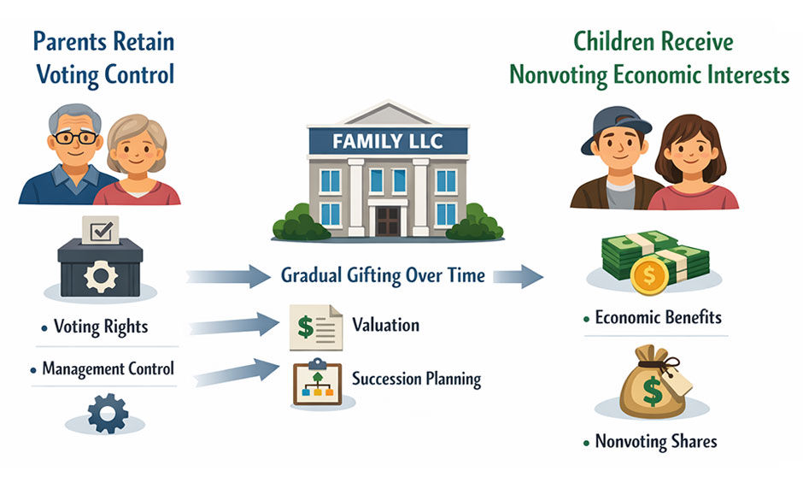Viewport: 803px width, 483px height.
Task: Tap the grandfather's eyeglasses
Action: [76, 137]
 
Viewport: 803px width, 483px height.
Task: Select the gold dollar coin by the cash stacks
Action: [649, 274]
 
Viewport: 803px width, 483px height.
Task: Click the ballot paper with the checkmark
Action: [100, 229]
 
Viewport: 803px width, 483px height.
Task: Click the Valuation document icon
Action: [314, 327]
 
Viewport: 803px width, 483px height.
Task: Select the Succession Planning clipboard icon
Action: [316, 381]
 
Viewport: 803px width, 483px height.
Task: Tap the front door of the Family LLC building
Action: [388, 220]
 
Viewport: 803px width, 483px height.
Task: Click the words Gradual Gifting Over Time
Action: [383, 276]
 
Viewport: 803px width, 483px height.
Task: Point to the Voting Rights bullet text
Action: [100, 327]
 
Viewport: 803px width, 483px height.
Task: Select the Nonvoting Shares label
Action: [655, 442]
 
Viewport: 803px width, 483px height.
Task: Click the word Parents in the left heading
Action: [70, 40]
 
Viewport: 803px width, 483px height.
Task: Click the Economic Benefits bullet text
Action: [658, 318]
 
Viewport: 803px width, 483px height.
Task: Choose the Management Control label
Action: [108, 369]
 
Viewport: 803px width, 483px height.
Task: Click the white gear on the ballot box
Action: [100, 278]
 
